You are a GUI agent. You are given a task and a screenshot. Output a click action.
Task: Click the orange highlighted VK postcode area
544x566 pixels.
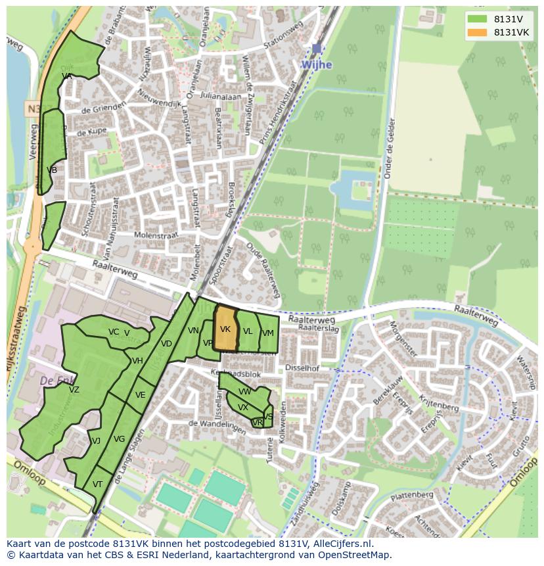coord(225,329)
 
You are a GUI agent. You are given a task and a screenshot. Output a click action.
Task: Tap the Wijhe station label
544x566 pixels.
coord(316,65)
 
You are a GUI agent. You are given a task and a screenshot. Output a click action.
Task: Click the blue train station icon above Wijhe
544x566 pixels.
coord(317,49)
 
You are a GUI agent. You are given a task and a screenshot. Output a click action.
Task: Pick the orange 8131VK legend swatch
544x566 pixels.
coord(478,32)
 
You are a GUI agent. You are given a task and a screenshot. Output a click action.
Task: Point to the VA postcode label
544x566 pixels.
coord(66,76)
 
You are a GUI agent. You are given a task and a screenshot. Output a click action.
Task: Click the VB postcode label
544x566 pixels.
coord(52,170)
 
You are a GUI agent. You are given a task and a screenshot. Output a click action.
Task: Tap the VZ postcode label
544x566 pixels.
coord(74,390)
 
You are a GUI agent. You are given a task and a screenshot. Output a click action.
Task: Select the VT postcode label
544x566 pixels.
coord(97,484)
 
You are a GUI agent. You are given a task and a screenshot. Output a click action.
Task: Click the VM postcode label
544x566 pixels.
coord(267,333)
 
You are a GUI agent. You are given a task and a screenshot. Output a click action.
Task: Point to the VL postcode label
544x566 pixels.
coord(248,331)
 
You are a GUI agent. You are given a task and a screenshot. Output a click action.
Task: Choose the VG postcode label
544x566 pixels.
coord(119,439)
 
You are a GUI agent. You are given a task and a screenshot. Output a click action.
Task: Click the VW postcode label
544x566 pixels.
coord(244,392)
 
